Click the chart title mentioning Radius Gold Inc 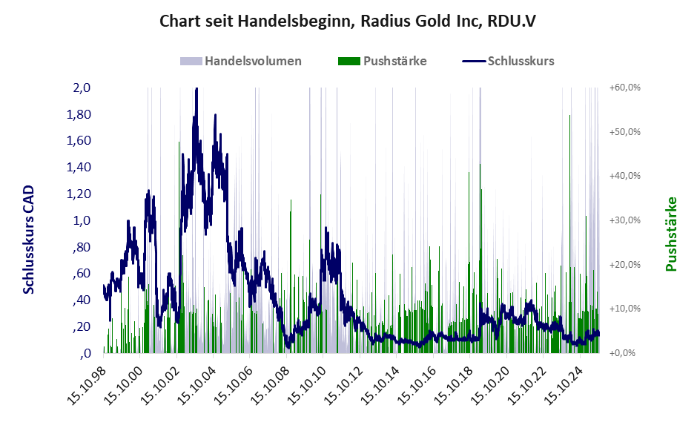coord(348,21)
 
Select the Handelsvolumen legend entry coord(253,61)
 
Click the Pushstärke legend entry coord(394,61)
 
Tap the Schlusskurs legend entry coord(521,61)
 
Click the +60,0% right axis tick coord(625,88)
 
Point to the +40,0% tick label coord(625,176)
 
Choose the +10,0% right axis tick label coord(625,309)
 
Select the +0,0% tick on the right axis coord(625,353)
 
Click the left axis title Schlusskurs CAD coord(29,240)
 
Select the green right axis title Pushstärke coord(672,234)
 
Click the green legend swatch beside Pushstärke coord(348,61)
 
